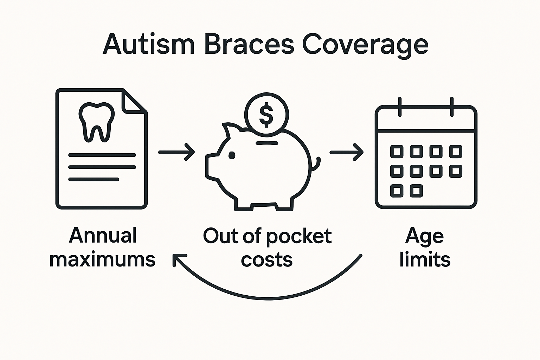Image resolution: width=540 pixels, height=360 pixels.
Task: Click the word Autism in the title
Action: (148, 44)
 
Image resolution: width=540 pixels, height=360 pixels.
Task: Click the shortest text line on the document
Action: (94, 179)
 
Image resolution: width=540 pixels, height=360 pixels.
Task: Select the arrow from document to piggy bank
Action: (176, 152)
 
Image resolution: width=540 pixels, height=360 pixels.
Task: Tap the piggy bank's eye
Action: (232, 155)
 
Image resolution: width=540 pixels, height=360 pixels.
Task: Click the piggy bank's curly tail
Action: (317, 163)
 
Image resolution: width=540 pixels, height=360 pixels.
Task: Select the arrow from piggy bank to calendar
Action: (346, 152)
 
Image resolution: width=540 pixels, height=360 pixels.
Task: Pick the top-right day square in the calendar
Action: (456, 152)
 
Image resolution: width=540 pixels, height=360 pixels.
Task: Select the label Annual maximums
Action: (102, 247)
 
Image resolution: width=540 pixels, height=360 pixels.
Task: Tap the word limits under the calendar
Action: (425, 260)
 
